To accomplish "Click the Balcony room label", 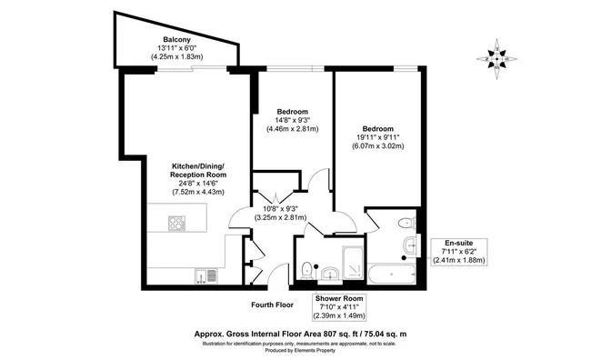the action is [x=176, y=39].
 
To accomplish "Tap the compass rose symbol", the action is [x=496, y=59].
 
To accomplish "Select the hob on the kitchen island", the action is [x=176, y=224].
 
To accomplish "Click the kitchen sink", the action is [x=206, y=276].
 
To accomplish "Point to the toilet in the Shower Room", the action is [x=307, y=271].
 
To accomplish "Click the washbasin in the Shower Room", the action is [x=330, y=275].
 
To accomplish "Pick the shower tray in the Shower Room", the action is [x=352, y=263].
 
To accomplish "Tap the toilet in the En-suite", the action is [x=406, y=223].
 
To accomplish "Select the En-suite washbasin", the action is [x=411, y=245].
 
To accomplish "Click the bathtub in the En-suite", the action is [x=391, y=274].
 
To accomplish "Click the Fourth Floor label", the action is [x=272, y=305].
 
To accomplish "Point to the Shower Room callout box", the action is [x=339, y=307].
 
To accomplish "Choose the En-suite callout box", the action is [x=459, y=252].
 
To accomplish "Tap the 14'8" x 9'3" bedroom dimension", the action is [x=293, y=120].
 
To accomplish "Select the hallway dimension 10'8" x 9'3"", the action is [x=281, y=209].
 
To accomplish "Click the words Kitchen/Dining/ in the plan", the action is [x=197, y=166].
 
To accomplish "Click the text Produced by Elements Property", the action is [x=300, y=350].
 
